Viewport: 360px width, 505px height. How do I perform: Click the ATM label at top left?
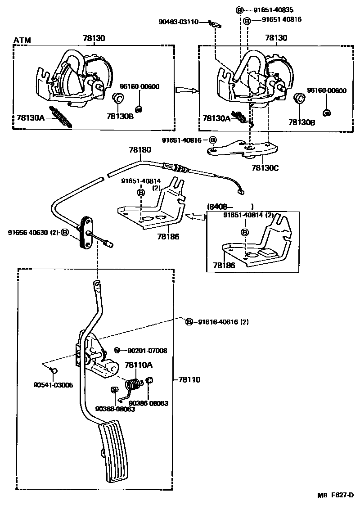(22, 41)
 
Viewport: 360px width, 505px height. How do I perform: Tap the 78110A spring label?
(139, 365)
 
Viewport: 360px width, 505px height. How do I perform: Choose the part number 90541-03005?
(53, 385)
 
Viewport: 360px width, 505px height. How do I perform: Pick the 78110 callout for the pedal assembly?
(189, 380)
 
